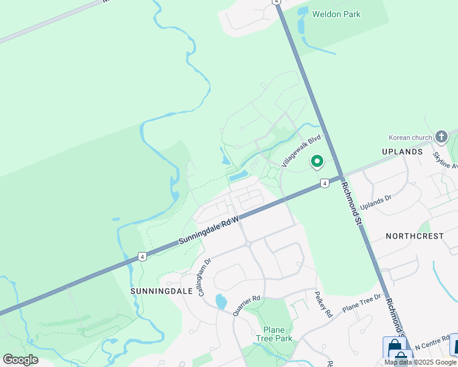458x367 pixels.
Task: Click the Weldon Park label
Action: (x=336, y=14)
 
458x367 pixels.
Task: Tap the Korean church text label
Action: (x=410, y=137)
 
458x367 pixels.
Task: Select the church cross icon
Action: (x=441, y=136)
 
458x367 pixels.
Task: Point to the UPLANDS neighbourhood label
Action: (x=402, y=152)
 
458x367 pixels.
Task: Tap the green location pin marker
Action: (x=317, y=161)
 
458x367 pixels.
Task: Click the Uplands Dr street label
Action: (x=375, y=202)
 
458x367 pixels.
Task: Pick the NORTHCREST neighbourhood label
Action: (x=415, y=236)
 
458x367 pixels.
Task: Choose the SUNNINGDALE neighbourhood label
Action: (x=158, y=292)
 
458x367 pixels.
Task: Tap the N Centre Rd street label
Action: (x=431, y=346)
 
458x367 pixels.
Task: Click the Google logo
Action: (x=20, y=360)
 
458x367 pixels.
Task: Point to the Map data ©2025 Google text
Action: (x=421, y=362)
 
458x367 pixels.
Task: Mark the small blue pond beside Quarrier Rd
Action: (x=220, y=302)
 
